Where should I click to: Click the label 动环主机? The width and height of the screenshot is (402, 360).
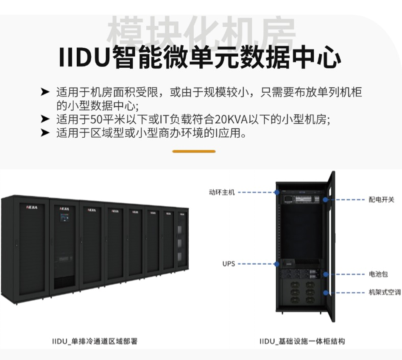point(221,192)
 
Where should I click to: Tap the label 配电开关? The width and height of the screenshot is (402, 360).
point(381,199)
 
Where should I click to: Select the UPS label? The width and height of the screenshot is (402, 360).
point(228,264)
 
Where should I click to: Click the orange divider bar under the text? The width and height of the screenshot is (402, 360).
point(194,151)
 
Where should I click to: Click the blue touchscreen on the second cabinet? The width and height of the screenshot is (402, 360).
point(64,218)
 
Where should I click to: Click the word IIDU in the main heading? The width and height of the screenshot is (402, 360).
point(85,58)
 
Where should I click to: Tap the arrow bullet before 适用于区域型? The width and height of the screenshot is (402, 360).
point(45,133)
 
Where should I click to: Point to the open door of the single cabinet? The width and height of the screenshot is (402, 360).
point(330,246)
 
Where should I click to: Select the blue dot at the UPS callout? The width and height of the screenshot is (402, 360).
point(276,264)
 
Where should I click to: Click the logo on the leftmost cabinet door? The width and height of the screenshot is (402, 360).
point(32,208)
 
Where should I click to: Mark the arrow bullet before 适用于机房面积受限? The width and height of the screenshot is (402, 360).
point(45,92)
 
